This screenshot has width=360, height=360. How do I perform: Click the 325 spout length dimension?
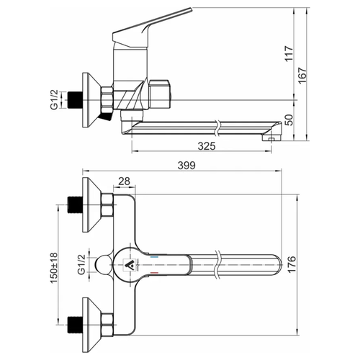pyautogui.click(x=207, y=146)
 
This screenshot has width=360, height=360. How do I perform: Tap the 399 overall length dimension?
pyautogui.click(x=186, y=166)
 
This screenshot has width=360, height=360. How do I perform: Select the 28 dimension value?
pyautogui.click(x=125, y=181)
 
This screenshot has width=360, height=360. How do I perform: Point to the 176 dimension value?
pyautogui.click(x=292, y=264)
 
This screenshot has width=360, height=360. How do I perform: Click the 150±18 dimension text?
pyautogui.click(x=54, y=268)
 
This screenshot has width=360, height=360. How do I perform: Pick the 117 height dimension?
pyautogui.click(x=289, y=53)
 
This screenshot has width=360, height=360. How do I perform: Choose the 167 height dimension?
pyautogui.click(x=302, y=76)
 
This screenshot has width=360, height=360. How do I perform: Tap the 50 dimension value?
pyautogui.click(x=289, y=120)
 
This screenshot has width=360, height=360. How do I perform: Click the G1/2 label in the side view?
pyautogui.click(x=54, y=99)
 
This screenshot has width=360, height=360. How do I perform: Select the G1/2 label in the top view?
pyautogui.click(x=81, y=264)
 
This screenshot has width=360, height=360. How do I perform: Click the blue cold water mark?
pyautogui.click(x=155, y=257)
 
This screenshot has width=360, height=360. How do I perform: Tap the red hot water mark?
pyautogui.click(x=155, y=273)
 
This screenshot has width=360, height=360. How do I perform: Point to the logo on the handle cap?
pyautogui.click(x=130, y=265)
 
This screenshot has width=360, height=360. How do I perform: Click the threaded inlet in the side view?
pyautogui.click(x=75, y=100)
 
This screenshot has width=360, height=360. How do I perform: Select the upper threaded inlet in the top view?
pyautogui.click(x=75, y=205)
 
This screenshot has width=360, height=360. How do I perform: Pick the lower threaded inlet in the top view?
pyautogui.click(x=75, y=325)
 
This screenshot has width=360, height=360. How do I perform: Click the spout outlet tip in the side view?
pyautogui.click(x=271, y=138)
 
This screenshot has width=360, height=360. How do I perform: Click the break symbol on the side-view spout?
pyautogui.click(x=218, y=128)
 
